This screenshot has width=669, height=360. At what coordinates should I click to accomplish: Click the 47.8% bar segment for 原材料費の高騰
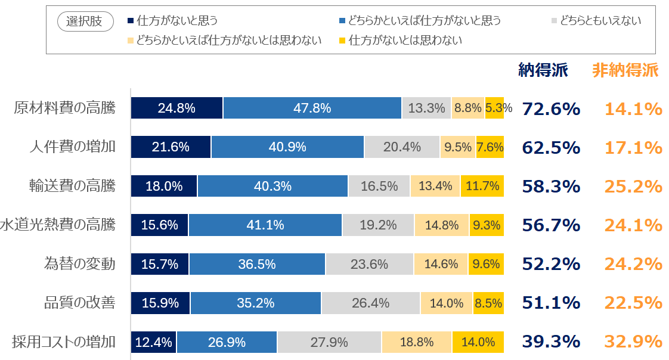[312, 108]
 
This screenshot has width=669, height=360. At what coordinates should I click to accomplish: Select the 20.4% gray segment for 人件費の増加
[402, 147]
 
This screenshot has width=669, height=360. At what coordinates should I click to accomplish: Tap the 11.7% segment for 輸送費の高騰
[482, 186]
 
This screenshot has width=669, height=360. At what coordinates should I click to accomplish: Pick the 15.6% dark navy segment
[160, 225]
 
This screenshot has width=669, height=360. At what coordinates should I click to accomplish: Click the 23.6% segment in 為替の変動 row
[369, 264]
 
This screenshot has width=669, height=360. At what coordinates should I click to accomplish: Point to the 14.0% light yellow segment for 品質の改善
[447, 303]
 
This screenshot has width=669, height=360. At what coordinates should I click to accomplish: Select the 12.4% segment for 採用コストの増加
[154, 342]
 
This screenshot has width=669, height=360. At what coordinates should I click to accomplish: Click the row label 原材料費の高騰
[65, 108]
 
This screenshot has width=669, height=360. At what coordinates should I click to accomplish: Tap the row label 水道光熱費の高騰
[58, 225]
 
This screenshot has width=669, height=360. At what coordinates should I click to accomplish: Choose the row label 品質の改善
[80, 303]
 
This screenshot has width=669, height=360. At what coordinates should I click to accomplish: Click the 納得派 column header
[543, 70]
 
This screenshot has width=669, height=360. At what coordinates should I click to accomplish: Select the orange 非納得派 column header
[625, 70]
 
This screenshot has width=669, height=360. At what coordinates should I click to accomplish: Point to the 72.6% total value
[551, 109]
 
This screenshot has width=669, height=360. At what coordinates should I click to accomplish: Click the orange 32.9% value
[633, 342]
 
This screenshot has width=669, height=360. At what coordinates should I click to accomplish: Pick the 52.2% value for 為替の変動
[551, 264]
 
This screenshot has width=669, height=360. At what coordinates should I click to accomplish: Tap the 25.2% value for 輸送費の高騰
[633, 187]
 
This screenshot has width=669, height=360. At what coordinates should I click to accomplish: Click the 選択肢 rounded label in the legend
[84, 21]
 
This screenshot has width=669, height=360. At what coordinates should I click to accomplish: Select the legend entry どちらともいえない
[600, 21]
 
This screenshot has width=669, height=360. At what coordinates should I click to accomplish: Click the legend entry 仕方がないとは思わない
[405, 41]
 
